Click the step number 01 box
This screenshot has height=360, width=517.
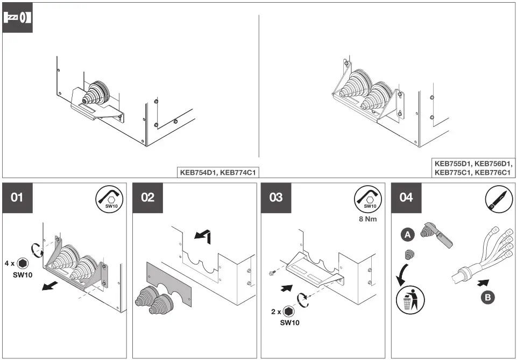(x=18, y=197)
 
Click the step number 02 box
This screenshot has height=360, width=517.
(x=147, y=197)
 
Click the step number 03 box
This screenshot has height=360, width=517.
(x=276, y=197)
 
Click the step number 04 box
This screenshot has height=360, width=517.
(x=406, y=197)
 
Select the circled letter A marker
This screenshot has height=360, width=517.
(x=407, y=234)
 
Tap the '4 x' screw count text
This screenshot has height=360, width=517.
(x=10, y=264)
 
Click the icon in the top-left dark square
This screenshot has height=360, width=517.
(x=18, y=18)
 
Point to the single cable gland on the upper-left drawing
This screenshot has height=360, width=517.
(x=96, y=93)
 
